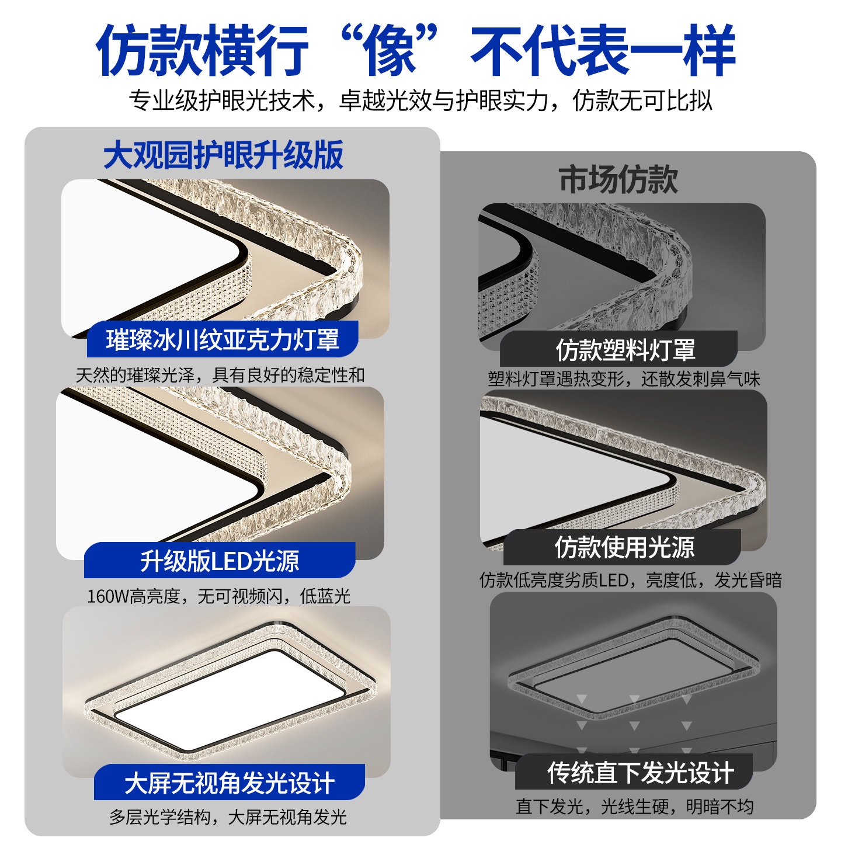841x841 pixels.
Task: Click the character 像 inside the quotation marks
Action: [x=389, y=50]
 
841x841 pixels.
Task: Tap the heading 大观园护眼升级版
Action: [x=223, y=155]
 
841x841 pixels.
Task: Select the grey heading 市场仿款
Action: [x=618, y=179]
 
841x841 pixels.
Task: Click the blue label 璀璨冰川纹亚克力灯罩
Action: [x=223, y=339]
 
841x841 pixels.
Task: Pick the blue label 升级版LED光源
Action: [x=220, y=561]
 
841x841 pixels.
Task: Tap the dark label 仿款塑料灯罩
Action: [x=625, y=350]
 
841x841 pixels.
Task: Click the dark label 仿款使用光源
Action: [x=624, y=547]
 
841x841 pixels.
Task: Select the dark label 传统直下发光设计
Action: [x=641, y=773]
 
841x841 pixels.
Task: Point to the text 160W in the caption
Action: [x=108, y=596]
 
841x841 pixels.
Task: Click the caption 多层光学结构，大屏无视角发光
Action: [x=228, y=817]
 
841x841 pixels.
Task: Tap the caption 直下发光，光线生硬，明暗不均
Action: [x=635, y=807]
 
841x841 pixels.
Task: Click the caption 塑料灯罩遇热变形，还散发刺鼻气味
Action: [x=624, y=379]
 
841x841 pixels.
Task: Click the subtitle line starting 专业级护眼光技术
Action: [x=420, y=101]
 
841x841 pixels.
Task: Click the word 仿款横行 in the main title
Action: [x=203, y=50]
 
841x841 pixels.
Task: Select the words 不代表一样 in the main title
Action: [x=603, y=50]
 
